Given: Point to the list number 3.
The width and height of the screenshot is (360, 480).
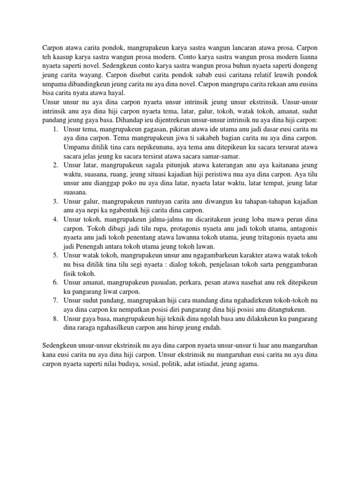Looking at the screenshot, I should point(54,201).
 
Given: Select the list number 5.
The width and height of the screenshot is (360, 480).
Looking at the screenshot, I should point(54,255).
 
